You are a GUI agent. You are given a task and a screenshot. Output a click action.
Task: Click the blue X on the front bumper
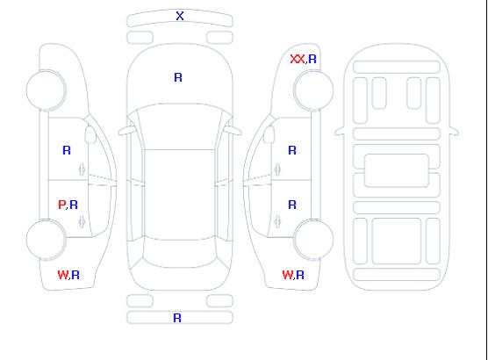(180, 16)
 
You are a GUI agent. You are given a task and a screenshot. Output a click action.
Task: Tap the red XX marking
(298, 59)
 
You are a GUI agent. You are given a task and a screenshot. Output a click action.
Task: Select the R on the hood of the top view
(178, 77)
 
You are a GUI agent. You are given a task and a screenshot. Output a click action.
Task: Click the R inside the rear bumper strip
(177, 318)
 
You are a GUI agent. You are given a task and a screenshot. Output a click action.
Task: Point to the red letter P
(61, 205)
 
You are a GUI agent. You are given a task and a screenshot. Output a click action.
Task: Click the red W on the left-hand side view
(63, 275)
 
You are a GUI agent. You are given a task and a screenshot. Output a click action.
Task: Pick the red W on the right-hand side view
(288, 275)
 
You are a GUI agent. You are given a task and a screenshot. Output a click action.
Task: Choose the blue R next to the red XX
(312, 59)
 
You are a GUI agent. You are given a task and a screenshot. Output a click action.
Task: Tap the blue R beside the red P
(74, 205)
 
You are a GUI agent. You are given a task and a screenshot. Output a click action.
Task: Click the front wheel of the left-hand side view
(46, 90)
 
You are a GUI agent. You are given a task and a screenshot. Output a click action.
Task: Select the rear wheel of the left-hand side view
(46, 240)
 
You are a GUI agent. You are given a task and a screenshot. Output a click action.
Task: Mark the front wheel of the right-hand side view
(313, 90)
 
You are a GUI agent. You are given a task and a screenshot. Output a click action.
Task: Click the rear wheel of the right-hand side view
(313, 240)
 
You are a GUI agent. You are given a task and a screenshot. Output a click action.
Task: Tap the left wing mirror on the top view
(126, 131)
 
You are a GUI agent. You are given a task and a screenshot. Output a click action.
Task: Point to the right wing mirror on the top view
(233, 131)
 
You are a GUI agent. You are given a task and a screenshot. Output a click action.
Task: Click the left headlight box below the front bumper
(140, 38)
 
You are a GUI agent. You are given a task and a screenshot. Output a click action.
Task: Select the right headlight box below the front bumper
(219, 38)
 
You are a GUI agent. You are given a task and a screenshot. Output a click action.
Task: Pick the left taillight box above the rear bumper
(140, 301)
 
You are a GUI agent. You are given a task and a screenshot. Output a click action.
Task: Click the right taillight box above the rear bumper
(219, 301)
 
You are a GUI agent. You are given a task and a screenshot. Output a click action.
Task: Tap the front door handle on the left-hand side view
(82, 169)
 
